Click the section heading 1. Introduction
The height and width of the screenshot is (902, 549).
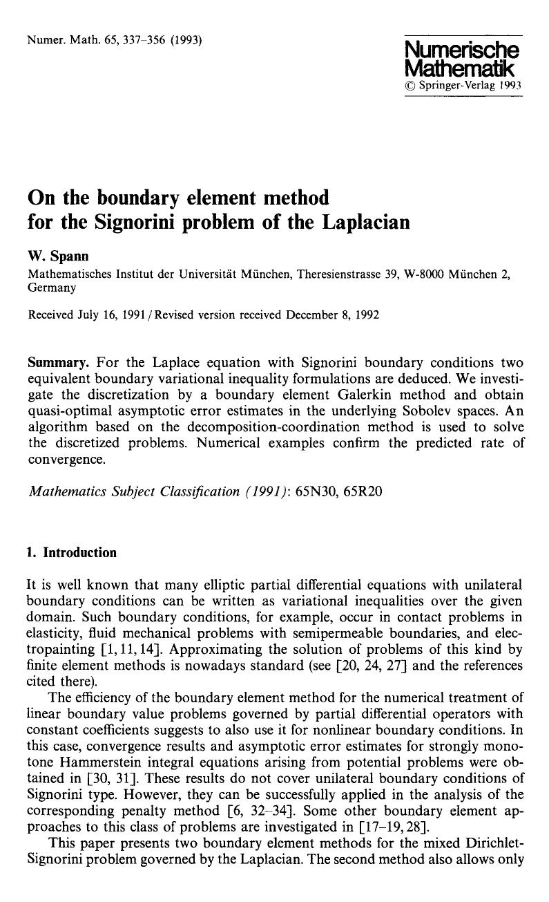coord(73,552)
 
